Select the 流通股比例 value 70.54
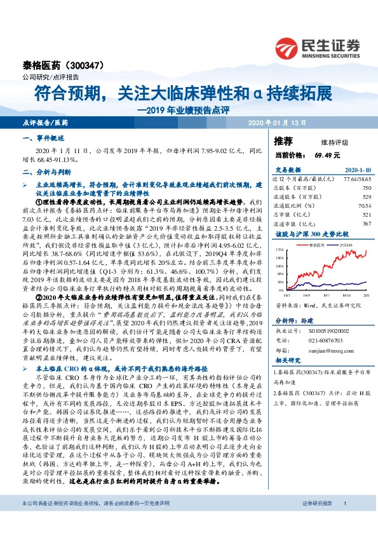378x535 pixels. pyautogui.click(x=363, y=206)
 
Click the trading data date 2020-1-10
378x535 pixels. pyautogui.click(x=358, y=171)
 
